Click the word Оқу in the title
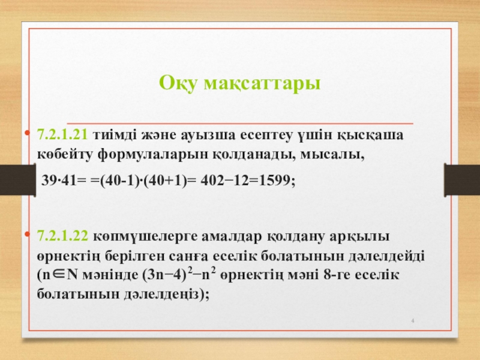[178, 83]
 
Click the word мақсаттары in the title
[262, 83]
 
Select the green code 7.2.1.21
[62, 134]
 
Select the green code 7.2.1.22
[62, 236]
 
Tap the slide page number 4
[413, 320]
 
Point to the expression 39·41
[58, 180]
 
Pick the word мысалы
[332, 155]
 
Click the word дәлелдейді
[386, 256]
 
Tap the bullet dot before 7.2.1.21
[28, 133]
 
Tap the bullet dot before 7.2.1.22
[28, 235]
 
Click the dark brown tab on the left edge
[18, 180]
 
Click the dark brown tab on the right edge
[462, 180]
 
